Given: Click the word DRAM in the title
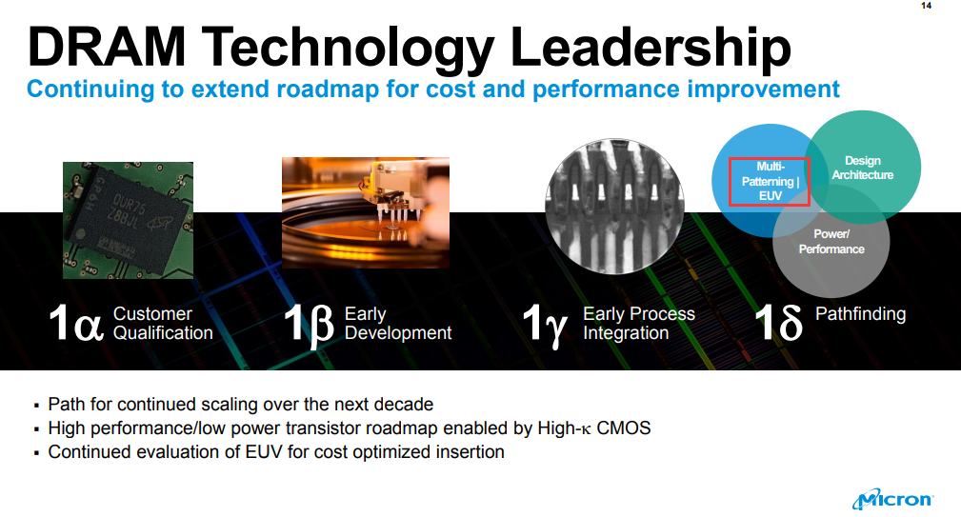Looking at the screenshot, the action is (106, 47).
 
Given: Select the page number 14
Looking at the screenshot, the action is (926, 6).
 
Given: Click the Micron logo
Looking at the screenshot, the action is (892, 499).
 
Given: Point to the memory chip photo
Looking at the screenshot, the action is (128, 221).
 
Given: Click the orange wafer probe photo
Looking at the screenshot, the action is (366, 212).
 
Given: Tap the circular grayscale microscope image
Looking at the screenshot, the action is (614, 207).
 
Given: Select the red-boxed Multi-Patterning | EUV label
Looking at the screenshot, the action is (770, 181).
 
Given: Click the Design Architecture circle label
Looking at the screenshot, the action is (862, 168).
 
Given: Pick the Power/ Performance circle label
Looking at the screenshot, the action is (831, 241).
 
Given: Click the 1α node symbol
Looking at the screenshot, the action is (76, 323).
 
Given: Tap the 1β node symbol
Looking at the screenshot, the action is (309, 325).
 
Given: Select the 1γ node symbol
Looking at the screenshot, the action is (544, 326).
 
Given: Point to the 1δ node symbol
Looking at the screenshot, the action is (778, 322).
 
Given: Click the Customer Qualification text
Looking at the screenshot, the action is (163, 324).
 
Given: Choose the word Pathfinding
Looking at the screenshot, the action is (860, 314).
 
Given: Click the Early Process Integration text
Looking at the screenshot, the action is (639, 324).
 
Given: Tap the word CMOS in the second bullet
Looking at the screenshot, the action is (623, 428).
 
